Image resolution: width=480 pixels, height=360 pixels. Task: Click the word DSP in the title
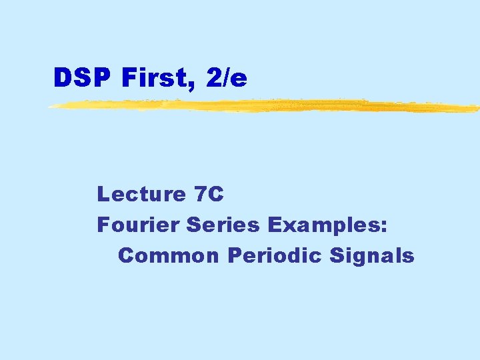pyautogui.click(x=82, y=79)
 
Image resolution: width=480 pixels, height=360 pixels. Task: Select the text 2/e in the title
pyautogui.click(x=227, y=79)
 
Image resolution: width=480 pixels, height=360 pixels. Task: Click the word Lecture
pyautogui.click(x=141, y=194)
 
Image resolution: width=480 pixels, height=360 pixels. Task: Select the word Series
pyautogui.click(x=223, y=225)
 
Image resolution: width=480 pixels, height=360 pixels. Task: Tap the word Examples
pyautogui.click(x=325, y=225)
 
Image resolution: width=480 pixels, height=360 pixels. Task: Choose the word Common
pyautogui.click(x=169, y=255)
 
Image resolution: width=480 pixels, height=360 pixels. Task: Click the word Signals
pyautogui.click(x=370, y=255)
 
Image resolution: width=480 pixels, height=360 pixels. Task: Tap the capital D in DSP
pyautogui.click(x=62, y=79)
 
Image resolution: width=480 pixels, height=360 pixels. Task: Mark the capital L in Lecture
pyautogui.click(x=103, y=194)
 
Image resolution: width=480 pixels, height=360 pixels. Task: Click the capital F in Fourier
pyautogui.click(x=103, y=225)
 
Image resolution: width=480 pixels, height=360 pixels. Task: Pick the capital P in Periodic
pyautogui.click(x=233, y=255)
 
